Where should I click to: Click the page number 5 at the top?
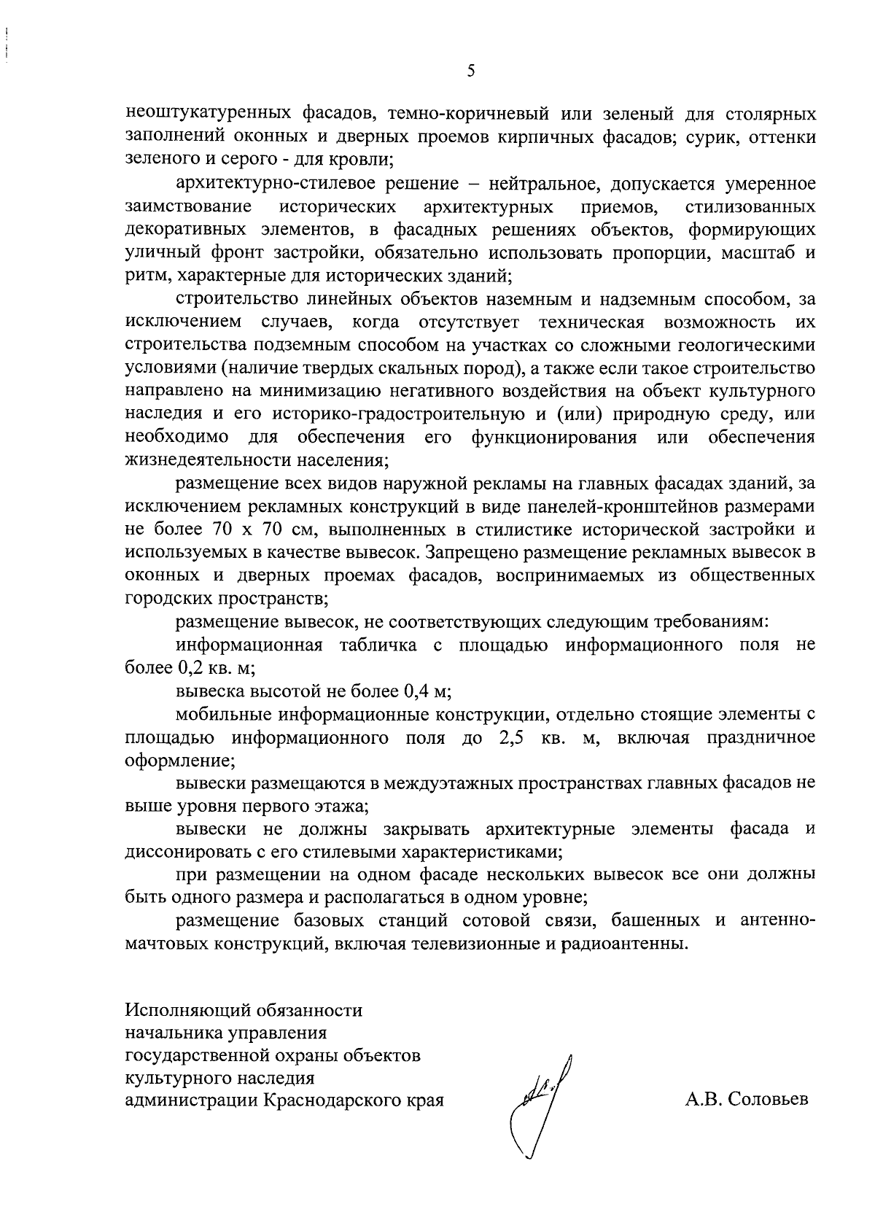[470, 71]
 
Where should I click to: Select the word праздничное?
[761, 737]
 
